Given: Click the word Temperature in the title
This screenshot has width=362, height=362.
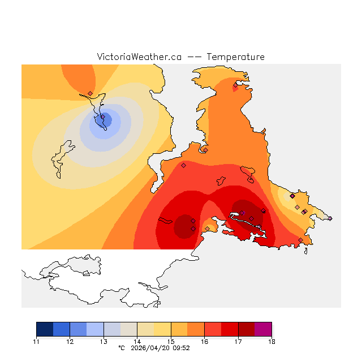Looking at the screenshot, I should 235,57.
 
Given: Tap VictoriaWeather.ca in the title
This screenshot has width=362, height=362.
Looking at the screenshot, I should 139,57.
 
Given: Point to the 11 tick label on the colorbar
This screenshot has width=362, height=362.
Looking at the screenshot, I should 36,342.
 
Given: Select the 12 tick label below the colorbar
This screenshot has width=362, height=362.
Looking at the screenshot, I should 70,342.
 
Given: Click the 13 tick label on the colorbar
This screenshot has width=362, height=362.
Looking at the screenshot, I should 104,342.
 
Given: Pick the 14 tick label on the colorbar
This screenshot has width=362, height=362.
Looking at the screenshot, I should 137,342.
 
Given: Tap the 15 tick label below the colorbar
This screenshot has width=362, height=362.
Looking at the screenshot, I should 171,342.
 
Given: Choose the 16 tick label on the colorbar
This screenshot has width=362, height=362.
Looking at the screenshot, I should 204,342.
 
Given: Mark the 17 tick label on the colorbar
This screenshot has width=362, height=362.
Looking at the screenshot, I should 238,342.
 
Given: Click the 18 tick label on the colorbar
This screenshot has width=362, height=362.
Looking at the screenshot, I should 271,342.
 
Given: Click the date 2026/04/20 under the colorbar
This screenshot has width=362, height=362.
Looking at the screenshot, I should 150,348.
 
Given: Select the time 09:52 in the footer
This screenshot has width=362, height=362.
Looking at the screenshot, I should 181,348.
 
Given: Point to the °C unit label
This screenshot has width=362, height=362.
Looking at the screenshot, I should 121,348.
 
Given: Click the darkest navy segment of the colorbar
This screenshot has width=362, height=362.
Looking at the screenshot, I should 45,329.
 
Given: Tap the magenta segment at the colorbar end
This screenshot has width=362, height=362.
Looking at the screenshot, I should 263,329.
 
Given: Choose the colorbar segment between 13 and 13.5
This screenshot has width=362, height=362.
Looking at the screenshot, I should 112,329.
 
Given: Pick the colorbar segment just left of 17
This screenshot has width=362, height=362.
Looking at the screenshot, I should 230,329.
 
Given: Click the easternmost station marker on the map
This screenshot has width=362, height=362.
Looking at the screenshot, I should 330,218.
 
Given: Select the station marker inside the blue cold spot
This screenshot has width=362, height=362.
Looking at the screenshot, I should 102,118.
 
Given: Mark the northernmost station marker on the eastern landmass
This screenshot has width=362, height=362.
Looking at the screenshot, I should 236,85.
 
